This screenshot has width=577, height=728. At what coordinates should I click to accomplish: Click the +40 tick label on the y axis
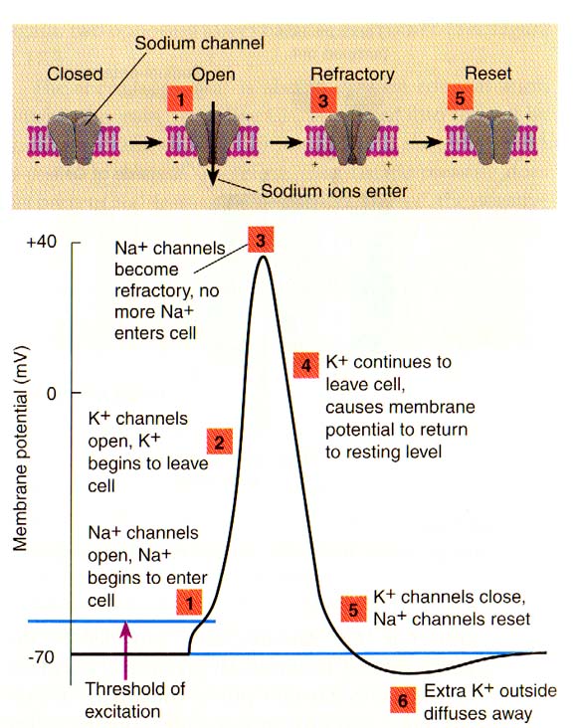tap(42, 242)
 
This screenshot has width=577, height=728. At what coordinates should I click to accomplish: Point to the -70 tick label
tap(42, 657)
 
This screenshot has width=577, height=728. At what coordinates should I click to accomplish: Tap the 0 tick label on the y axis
tap(52, 394)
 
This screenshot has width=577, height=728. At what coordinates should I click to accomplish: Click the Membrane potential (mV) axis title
tap(20, 449)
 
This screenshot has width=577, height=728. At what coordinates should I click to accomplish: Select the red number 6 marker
tap(403, 700)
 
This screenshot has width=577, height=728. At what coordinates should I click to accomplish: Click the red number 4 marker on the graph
tap(306, 365)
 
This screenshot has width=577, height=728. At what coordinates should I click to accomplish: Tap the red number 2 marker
tap(219, 441)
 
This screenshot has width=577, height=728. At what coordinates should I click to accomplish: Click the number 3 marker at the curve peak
tap(261, 240)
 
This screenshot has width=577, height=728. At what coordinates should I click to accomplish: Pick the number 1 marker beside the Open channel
tap(180, 98)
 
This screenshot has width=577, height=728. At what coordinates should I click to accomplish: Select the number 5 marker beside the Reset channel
tap(460, 97)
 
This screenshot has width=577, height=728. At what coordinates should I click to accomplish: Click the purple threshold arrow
tap(126, 650)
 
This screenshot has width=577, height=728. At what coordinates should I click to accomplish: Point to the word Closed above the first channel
tap(75, 74)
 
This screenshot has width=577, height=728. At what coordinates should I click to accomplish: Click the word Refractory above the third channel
tap(352, 75)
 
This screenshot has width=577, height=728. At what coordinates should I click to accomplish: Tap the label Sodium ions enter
tap(334, 191)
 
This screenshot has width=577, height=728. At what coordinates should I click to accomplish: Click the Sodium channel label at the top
tap(199, 43)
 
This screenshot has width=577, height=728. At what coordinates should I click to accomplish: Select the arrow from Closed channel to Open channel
tap(145, 141)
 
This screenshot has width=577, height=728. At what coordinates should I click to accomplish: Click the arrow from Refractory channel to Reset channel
tap(426, 141)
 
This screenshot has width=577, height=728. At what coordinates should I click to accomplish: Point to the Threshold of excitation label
tap(135, 700)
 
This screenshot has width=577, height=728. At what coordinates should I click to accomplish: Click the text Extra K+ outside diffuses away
tap(490, 702)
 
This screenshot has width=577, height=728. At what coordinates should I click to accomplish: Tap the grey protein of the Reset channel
tap(491, 137)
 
